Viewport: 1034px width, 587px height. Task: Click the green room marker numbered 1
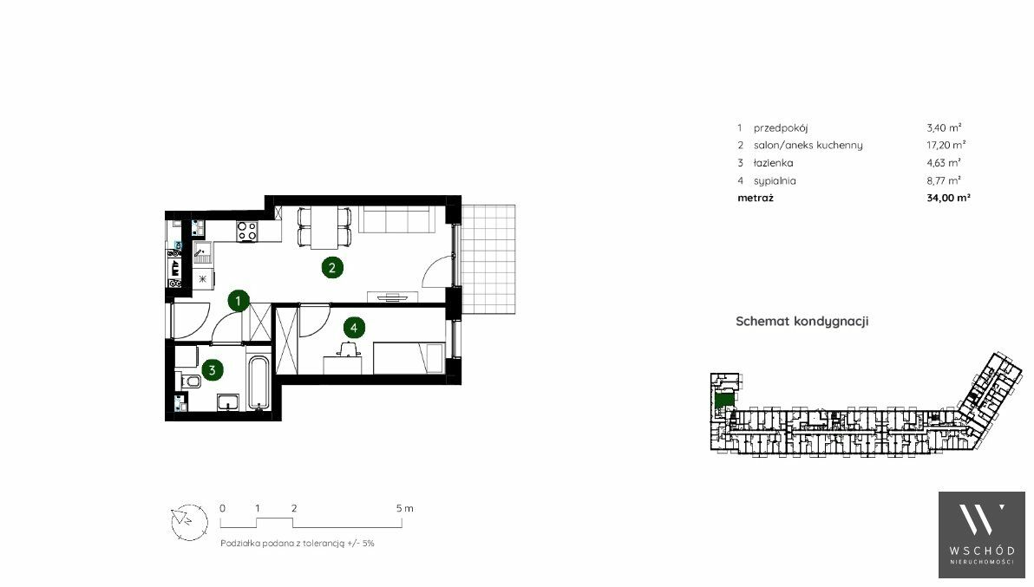point(238,301)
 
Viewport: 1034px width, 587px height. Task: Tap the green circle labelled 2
point(332,267)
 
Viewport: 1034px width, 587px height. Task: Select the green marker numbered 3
point(212,370)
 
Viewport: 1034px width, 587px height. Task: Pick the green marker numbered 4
point(354,328)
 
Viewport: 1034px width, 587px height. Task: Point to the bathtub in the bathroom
point(259,382)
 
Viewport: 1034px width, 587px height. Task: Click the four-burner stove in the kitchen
point(247,231)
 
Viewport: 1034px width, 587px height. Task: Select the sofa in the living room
point(396,218)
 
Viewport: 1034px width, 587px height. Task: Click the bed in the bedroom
point(409,358)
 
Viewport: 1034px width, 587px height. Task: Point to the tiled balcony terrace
point(488,259)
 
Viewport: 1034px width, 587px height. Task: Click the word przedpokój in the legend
point(781,127)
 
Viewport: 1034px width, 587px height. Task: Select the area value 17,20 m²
point(946,145)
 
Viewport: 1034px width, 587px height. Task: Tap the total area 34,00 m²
point(948,198)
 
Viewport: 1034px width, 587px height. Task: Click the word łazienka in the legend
point(774,163)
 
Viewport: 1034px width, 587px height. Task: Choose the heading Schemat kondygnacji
point(802,322)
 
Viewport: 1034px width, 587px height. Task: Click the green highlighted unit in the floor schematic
point(724,399)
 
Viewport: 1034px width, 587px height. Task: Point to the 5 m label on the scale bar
point(405,508)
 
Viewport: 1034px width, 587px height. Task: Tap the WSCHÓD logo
point(982,535)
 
